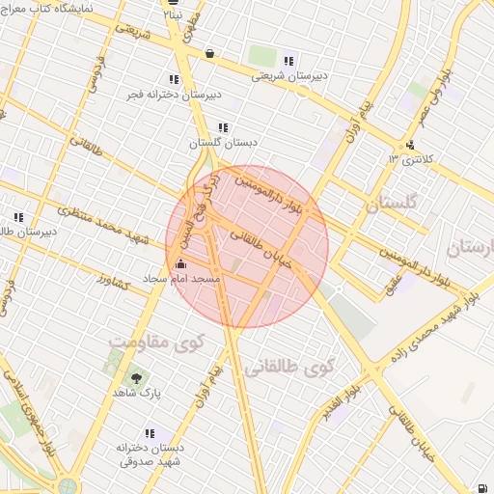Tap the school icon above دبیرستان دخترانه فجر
click(174, 79)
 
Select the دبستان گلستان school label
click(216, 143)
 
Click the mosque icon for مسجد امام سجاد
click(179, 263)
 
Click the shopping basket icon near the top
click(209, 54)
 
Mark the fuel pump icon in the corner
click(480, 485)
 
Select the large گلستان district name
click(391, 205)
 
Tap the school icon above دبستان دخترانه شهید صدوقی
click(149, 434)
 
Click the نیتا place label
click(172, 15)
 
